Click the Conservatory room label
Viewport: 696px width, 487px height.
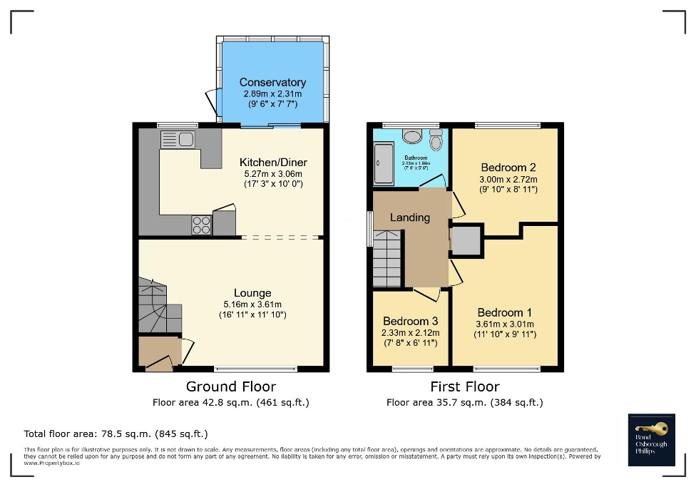[272, 83]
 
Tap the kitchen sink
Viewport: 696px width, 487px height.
[178, 139]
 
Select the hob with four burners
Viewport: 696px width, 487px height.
[201, 225]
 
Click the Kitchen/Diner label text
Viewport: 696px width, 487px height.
[273, 163]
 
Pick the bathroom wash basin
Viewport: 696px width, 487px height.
[411, 135]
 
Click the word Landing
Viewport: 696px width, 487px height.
[409, 217]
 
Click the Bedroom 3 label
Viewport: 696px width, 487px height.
[410, 321]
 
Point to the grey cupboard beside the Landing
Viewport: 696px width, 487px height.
[466, 240]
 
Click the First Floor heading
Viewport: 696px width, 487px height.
[464, 386]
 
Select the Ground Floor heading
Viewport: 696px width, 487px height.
[230, 386]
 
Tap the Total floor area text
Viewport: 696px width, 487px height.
[116, 434]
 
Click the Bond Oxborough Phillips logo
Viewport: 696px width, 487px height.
[650, 439]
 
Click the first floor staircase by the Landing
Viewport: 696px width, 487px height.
[388, 258]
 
